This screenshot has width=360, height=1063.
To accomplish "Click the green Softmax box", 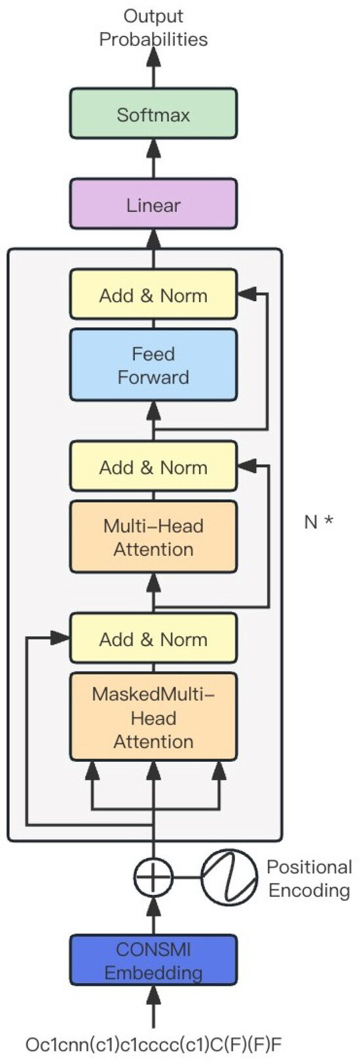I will click(153, 114).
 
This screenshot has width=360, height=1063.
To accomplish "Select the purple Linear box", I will click(153, 205).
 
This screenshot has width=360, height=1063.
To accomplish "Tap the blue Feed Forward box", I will click(153, 365).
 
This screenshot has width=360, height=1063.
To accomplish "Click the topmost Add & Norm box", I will click(153, 295).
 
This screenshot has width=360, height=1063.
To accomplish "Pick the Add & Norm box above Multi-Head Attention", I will click(153, 467).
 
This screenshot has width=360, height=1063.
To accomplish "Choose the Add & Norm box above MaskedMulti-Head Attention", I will click(153, 639).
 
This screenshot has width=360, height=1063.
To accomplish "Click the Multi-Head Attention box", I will click(153, 537).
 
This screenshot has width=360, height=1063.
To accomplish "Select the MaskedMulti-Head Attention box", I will click(153, 717).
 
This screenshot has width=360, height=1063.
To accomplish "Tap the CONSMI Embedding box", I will click(153, 960).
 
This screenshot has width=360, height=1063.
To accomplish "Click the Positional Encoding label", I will click(309, 878).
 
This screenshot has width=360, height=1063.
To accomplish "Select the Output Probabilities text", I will click(153, 27).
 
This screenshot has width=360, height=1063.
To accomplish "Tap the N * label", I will click(319, 522).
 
